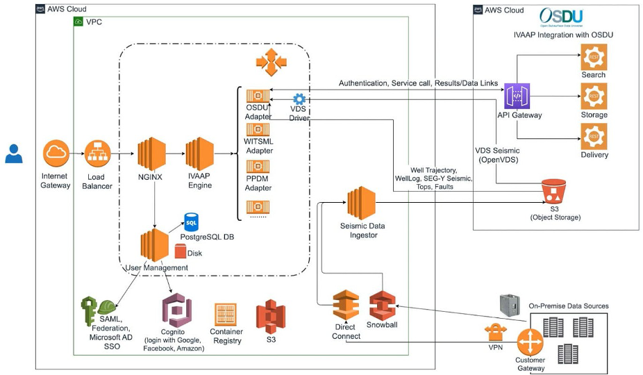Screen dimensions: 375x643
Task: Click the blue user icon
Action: point(14,153)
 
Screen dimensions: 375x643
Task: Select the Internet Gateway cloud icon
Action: point(55,153)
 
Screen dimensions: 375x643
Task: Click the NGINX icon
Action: point(150,153)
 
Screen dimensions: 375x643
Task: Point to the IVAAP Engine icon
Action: point(199,153)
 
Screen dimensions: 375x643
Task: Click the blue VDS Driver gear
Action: point(299,99)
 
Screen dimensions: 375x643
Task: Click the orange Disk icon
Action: point(180,252)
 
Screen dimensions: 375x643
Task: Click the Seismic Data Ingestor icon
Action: point(362,203)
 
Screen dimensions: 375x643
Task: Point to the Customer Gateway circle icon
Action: point(531,342)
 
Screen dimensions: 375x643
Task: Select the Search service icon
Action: point(594,56)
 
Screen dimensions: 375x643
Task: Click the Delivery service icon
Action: point(594,136)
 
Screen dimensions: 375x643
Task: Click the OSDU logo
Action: point(561,17)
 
